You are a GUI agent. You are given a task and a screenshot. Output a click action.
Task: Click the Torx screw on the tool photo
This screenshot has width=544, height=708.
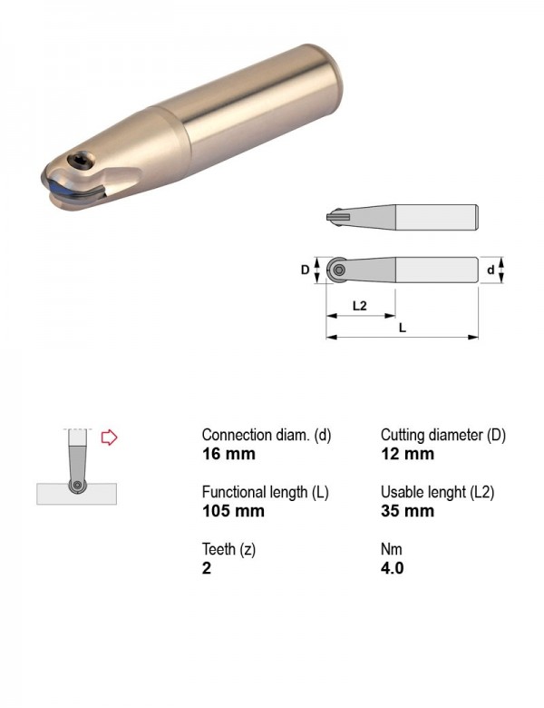point(81,161)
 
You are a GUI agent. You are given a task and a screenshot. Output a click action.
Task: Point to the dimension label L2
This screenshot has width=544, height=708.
point(359,306)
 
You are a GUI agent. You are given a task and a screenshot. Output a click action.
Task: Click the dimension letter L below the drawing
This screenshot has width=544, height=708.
point(403,328)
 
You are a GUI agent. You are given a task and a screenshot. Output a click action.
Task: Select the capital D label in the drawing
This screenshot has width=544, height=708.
point(306,270)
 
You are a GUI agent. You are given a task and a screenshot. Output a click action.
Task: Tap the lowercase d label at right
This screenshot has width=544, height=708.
point(491,270)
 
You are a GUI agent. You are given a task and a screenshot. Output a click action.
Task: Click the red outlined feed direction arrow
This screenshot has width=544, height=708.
point(109,438)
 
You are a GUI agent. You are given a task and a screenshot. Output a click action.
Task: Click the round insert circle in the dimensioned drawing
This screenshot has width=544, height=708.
point(338,270)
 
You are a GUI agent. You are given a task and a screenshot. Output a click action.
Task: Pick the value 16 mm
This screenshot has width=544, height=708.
point(228,454)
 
